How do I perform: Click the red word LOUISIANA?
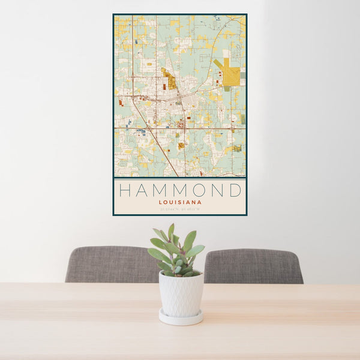180,203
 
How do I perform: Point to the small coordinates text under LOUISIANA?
180,209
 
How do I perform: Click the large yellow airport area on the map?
231,76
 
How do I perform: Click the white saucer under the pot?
181,317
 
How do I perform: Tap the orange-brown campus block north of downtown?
170,80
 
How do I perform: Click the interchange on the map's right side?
230,128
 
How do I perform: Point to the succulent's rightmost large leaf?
196,250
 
